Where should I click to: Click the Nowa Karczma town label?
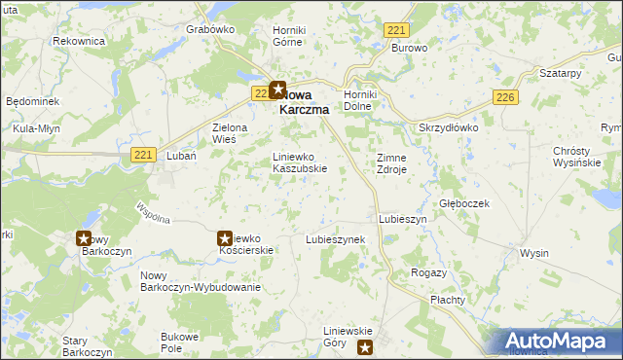304,102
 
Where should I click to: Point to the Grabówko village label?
210,29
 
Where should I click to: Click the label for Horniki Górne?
289,36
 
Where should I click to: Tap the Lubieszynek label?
335,238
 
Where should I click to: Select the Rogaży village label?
429,272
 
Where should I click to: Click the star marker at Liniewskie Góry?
365,347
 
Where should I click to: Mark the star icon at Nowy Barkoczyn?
84,237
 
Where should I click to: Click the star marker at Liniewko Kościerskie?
225,237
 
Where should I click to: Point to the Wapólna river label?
154,213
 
